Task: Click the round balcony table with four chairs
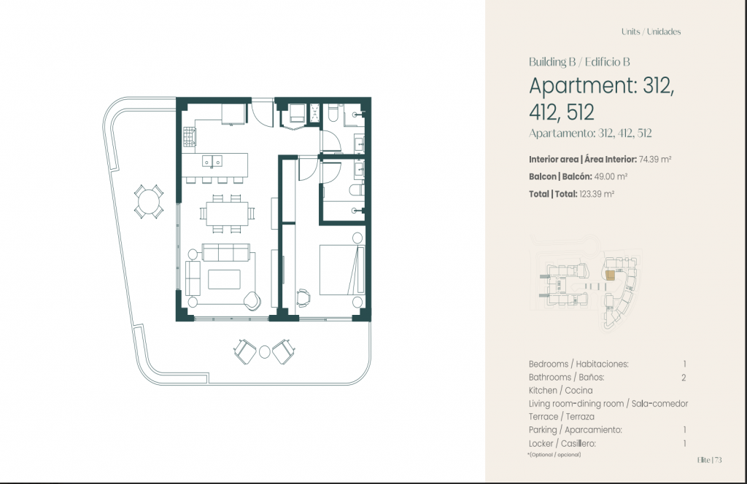149,201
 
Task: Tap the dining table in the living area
228,213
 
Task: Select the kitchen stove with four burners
190,136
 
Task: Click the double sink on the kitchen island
212,161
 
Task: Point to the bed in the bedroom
341,270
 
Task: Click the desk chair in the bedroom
303,297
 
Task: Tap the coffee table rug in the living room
225,279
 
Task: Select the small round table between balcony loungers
264,352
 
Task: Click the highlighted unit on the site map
611,274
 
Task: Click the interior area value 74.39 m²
655,160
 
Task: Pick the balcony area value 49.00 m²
611,176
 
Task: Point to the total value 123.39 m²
597,194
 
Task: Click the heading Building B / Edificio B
579,62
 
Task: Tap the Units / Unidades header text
651,32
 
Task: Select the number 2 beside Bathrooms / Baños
684,378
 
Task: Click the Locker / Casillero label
562,444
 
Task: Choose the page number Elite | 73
709,460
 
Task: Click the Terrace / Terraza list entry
562,417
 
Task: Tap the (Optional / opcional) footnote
554,455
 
